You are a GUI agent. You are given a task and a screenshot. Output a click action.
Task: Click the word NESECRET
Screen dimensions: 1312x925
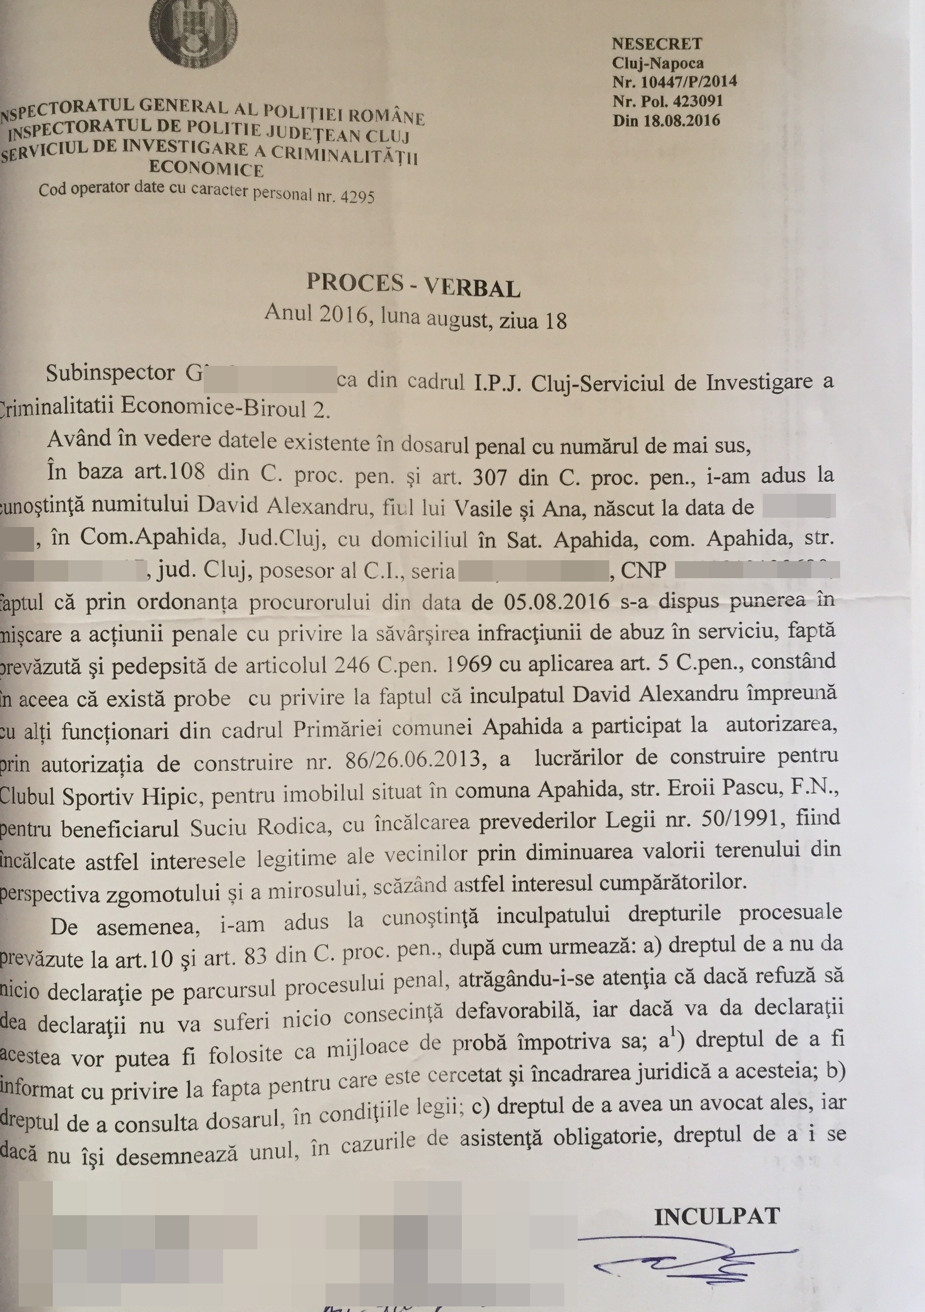point(657,44)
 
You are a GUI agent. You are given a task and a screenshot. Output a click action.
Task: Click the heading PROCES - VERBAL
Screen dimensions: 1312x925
point(413,285)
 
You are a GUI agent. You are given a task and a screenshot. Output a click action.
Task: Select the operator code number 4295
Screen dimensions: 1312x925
point(357,197)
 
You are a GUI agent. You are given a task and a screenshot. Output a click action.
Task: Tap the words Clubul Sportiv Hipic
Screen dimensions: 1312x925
point(97,796)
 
